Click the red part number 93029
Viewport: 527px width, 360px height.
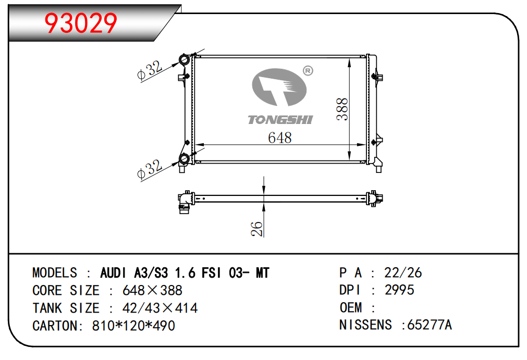point(81,23)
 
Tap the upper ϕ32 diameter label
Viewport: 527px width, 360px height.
point(150,70)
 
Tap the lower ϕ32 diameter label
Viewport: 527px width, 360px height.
point(150,169)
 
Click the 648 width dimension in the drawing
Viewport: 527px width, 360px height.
point(279,138)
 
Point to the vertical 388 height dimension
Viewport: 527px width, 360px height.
point(342,109)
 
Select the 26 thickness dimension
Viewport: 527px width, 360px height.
point(257,229)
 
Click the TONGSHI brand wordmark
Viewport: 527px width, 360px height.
point(280,120)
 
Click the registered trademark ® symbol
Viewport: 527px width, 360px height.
point(308,71)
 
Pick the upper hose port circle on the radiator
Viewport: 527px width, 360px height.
point(184,60)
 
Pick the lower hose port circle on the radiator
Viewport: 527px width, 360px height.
point(184,158)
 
